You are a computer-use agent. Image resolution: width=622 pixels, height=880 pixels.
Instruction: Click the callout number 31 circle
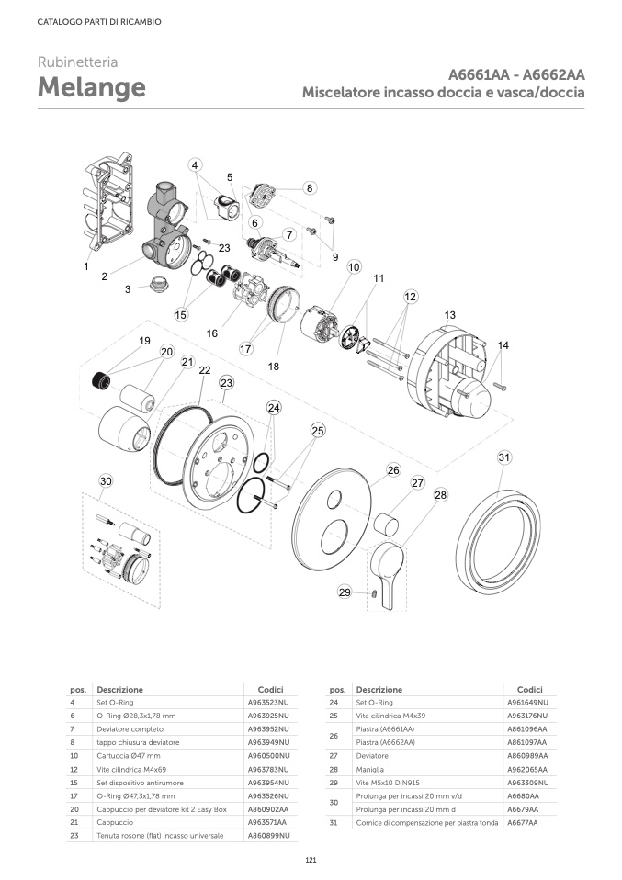pyautogui.click(x=504, y=457)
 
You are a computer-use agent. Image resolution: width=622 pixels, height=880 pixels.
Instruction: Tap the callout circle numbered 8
pyautogui.click(x=310, y=188)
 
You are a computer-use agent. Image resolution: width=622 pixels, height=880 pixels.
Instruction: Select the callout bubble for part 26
pyautogui.click(x=393, y=469)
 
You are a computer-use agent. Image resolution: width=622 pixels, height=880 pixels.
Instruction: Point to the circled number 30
pyautogui.click(x=106, y=481)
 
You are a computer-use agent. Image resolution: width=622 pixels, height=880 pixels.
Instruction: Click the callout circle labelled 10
pyautogui.click(x=354, y=267)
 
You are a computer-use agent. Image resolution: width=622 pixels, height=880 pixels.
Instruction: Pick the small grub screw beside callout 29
pyautogui.click(x=372, y=593)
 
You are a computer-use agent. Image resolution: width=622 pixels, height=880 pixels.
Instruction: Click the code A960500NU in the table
pyautogui.click(x=269, y=756)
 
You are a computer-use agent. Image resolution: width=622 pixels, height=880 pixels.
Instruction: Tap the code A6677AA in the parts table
pyautogui.click(x=523, y=823)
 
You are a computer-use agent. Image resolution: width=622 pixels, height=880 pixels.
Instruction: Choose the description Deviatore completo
pyautogui.click(x=130, y=729)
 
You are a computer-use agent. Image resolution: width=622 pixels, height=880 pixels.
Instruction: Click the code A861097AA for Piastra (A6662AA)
pyautogui.click(x=527, y=742)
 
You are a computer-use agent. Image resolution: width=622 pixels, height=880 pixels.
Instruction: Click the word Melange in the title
pyautogui.click(x=92, y=87)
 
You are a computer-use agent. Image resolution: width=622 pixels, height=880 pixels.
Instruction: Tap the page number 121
pyautogui.click(x=311, y=860)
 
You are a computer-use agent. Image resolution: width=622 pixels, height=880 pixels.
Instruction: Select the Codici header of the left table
pyautogui.click(x=271, y=689)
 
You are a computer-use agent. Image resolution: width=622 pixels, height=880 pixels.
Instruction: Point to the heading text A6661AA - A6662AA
pyautogui.click(x=516, y=74)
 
